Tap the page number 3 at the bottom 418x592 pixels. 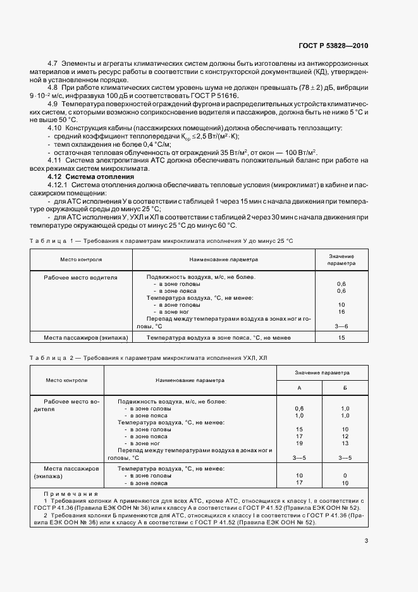pyautogui.click(x=367, y=540)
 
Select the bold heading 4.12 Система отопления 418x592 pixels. pyautogui.click(x=95, y=177)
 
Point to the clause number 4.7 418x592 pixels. pyautogui.click(x=53, y=65)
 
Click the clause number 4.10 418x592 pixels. pyautogui.click(x=55, y=128)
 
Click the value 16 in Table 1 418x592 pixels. pyautogui.click(x=341, y=312)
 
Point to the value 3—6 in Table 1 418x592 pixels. pyautogui.click(x=341, y=326)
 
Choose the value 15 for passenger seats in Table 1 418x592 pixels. pyautogui.click(x=341, y=338)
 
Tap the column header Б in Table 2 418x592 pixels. pyautogui.click(x=345, y=387)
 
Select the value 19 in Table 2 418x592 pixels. pyautogui.click(x=299, y=443)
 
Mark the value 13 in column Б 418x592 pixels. pyautogui.click(x=345, y=443)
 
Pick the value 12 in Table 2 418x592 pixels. pyautogui.click(x=345, y=436)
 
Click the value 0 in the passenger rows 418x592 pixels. pyautogui.click(x=345, y=476)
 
